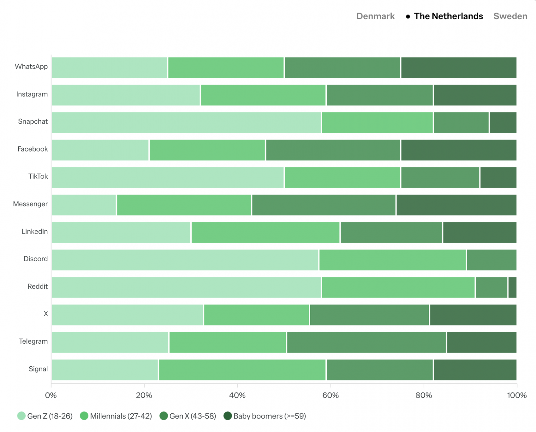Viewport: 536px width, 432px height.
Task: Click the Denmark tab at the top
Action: point(375,16)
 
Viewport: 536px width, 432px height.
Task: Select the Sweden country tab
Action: point(510,16)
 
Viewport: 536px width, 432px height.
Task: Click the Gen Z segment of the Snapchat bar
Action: point(186,122)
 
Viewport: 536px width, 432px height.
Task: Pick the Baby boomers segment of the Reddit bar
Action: point(512,287)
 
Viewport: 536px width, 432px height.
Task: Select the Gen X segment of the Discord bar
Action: point(491,260)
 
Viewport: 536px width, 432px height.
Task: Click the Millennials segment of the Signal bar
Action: point(242,370)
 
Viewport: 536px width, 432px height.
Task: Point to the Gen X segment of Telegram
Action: point(366,342)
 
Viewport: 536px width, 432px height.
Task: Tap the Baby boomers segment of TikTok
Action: point(498,177)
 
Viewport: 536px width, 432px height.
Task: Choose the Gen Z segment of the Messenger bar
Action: point(84,205)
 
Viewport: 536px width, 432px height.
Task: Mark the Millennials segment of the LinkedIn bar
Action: point(265,232)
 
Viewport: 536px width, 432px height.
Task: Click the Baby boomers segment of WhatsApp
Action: point(459,68)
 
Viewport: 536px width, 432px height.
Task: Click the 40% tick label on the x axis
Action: point(237,395)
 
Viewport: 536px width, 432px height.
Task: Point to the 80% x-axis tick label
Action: point(424,395)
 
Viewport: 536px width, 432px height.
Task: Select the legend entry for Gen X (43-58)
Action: point(188,416)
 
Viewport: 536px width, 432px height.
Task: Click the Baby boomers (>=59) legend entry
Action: point(265,416)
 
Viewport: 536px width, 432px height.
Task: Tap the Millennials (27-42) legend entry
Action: point(116,416)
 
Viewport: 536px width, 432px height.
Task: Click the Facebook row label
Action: point(33,149)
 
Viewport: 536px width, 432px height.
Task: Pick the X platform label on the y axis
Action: point(46,314)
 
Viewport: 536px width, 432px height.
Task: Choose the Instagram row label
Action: point(32,94)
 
